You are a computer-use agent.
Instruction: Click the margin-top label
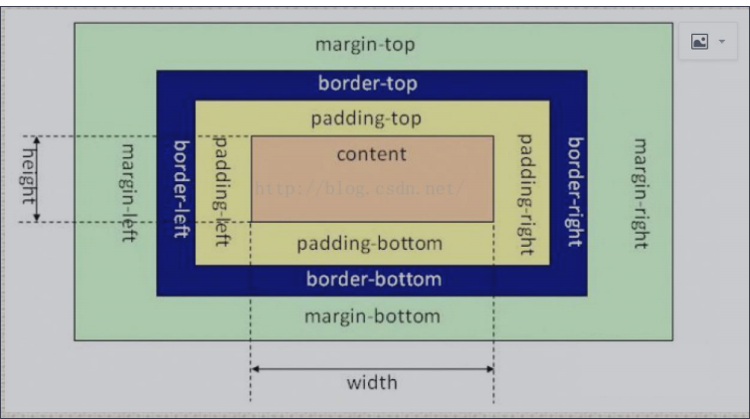coord(365,45)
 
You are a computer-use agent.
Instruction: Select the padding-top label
coord(366,118)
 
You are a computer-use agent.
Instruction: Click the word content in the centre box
coord(371,153)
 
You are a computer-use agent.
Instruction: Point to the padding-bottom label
coord(369,243)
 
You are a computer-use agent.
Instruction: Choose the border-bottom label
coord(373,279)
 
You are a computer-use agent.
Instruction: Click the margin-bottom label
coord(371,316)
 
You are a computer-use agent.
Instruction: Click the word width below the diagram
coord(371,382)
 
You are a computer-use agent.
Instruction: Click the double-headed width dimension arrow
coord(371,367)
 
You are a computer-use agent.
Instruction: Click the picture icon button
coord(699,42)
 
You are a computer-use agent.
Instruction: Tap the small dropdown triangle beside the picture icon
coord(719,42)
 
